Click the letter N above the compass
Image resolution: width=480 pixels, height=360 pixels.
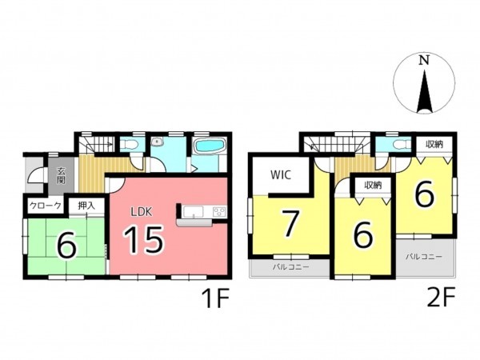point(424,60)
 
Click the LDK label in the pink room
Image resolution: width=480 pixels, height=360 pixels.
point(141,211)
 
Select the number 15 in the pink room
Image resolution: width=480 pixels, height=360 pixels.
point(143,240)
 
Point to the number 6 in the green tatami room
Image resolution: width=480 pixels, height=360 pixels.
point(67,246)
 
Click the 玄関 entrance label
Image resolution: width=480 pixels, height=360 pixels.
point(62,175)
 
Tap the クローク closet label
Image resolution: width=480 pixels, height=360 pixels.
point(46,206)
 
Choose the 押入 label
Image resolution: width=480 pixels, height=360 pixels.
point(86,206)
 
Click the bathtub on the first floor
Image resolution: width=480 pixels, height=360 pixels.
point(210,146)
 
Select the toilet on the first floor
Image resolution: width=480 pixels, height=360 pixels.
point(129,144)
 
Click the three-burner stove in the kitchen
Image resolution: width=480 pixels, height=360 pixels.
point(219,211)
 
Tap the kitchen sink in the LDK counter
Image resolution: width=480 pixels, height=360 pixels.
point(193,211)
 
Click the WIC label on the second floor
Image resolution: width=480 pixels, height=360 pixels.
point(281,175)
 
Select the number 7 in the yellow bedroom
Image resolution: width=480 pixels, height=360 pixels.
point(290,224)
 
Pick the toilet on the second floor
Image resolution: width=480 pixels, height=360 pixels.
point(402,144)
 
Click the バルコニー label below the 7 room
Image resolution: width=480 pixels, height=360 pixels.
point(291,267)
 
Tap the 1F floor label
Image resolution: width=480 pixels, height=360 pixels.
point(215,298)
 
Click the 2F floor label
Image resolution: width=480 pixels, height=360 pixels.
point(442,297)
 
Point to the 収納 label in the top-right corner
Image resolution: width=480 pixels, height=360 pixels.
point(434,144)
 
